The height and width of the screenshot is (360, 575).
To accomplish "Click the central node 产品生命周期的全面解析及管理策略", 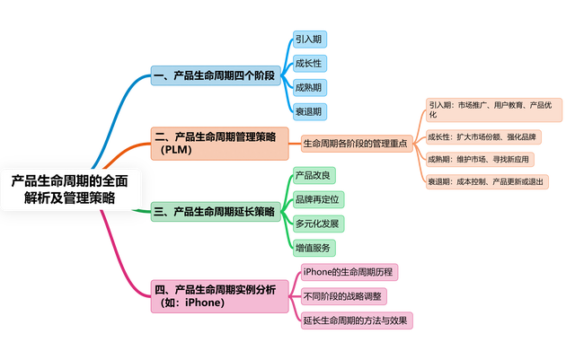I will [70, 189].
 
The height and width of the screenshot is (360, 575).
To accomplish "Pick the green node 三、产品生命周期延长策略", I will [213, 212].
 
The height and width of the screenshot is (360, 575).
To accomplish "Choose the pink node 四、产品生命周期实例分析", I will [216, 295].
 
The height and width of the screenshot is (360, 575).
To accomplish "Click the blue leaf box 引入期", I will [307, 40].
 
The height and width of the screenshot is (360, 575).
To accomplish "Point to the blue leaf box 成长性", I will [307, 64].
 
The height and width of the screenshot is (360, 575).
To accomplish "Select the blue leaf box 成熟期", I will [307, 88].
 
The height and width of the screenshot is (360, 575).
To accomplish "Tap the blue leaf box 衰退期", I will [307, 112].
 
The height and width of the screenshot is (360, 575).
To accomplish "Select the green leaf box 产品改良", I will [314, 174].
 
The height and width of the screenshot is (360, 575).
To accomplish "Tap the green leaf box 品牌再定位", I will [316, 198].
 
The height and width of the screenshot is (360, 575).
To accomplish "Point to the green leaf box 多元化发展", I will [316, 223].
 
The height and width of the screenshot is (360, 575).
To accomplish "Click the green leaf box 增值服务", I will [314, 247].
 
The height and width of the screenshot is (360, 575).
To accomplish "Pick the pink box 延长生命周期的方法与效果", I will [355, 320].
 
